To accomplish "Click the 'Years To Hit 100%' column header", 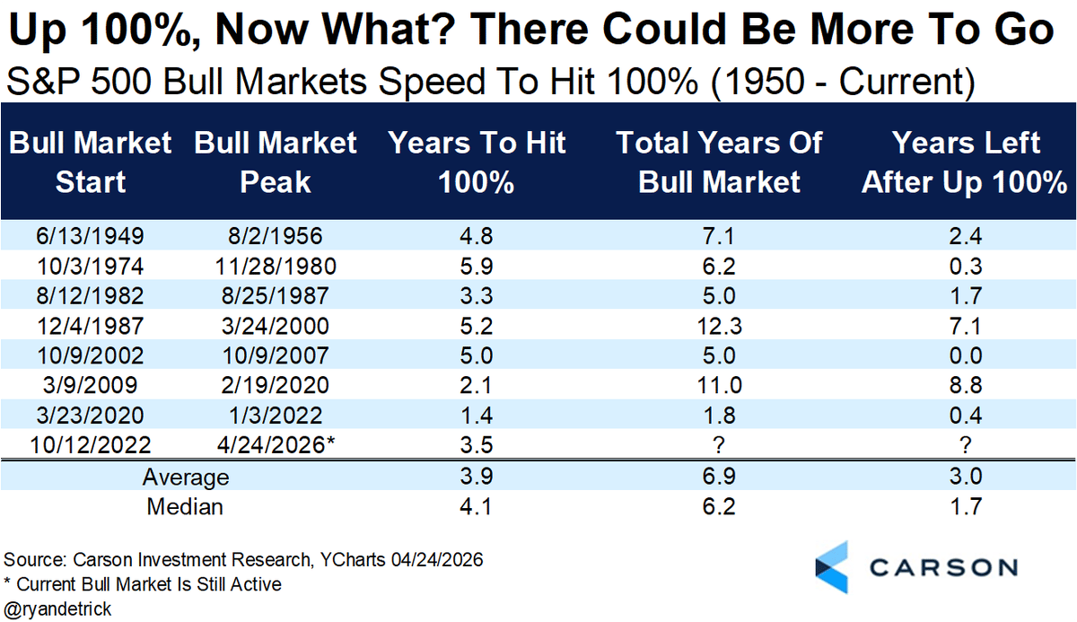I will (x=477, y=162).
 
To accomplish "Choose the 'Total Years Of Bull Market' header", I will (x=719, y=162).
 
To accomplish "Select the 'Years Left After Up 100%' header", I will (x=964, y=162).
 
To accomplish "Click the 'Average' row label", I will (x=185, y=477).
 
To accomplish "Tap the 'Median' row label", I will (x=185, y=506).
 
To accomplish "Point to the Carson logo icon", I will (x=834, y=567).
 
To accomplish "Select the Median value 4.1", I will (x=477, y=506).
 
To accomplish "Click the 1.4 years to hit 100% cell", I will (x=477, y=416).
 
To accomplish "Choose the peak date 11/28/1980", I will (x=276, y=267).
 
